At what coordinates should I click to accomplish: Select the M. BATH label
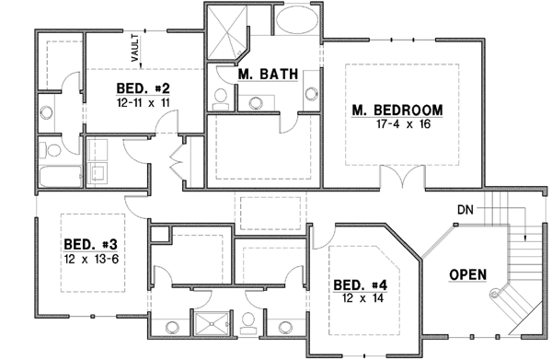pyautogui.click(x=265, y=74)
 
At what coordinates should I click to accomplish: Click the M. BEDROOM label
pyautogui.click(x=397, y=110)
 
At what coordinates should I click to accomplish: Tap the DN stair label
pyautogui.click(x=465, y=212)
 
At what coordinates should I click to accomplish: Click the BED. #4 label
pyautogui.click(x=360, y=285)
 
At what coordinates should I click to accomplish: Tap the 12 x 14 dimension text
pyautogui.click(x=360, y=299)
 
